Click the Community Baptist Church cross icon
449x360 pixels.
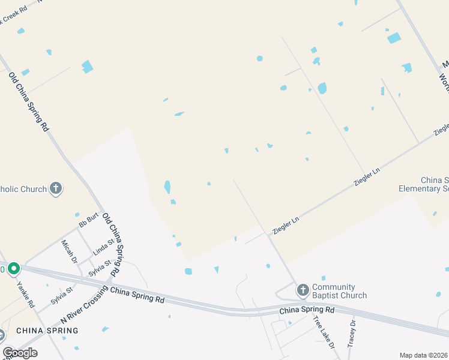pyautogui.click(x=303, y=290)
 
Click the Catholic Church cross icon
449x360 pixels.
pyautogui.click(x=55, y=189)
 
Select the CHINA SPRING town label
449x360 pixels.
pyautogui.click(x=47, y=331)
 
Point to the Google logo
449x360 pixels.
pyautogui.click(x=20, y=353)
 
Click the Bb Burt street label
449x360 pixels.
pyautogui.click(x=88, y=221)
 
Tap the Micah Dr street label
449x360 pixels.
pyautogui.click(x=70, y=252)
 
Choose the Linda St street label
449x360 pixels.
pyautogui.click(x=103, y=247)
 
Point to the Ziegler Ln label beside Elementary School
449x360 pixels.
pyautogui.click(x=368, y=178)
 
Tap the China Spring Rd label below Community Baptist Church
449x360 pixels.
pyautogui.click(x=307, y=310)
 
